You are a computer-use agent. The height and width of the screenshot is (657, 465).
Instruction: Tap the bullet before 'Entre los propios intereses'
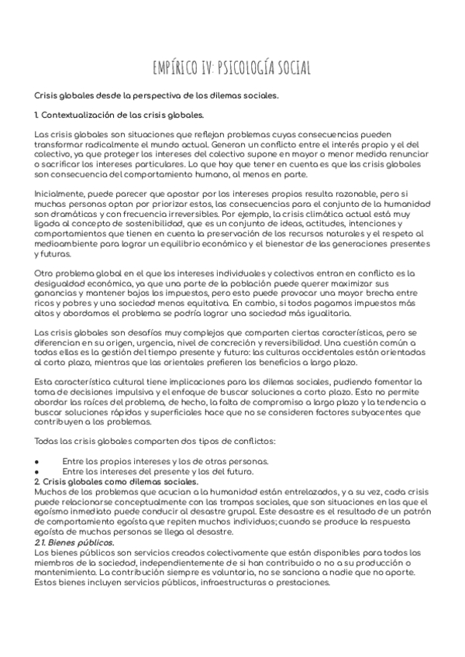[x=37, y=460]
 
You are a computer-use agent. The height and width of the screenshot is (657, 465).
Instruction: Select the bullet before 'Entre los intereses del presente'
[x=37, y=472]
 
